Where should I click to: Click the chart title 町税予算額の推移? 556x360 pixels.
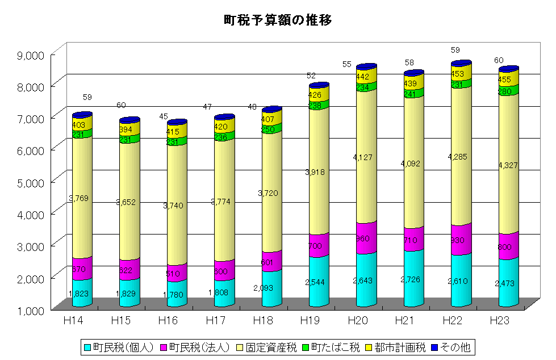[x=278, y=20]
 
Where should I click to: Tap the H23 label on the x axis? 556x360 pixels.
[x=500, y=321]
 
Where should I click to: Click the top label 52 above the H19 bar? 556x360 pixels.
[x=311, y=76]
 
